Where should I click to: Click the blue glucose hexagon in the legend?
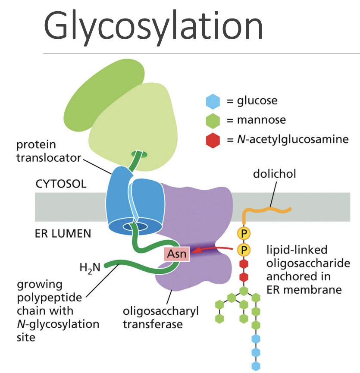click(213, 101)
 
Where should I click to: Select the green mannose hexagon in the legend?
click(213, 120)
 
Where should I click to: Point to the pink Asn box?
click(176, 254)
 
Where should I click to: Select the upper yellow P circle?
click(244, 233)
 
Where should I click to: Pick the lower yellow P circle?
click(244, 250)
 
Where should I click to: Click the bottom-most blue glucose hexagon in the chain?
click(256, 366)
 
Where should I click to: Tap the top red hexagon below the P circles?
click(244, 263)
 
